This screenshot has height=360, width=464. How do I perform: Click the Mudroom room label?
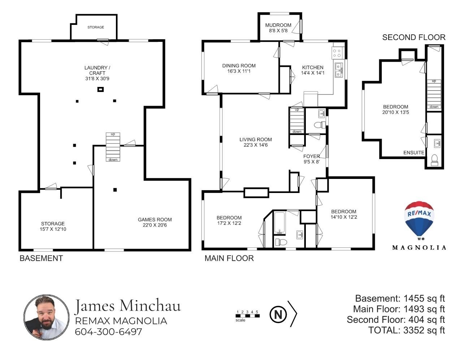(x=278, y=25)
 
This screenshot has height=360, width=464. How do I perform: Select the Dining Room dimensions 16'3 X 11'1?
(x=239, y=71)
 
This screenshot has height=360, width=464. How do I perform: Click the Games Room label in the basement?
(x=155, y=219)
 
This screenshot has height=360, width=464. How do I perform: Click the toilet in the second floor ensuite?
(x=434, y=160)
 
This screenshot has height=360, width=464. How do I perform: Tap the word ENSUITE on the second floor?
(x=413, y=153)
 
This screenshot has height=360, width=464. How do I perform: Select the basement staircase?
(x=113, y=147)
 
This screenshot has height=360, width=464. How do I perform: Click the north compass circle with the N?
(x=278, y=315)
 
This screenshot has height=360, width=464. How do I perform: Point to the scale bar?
(x=247, y=316)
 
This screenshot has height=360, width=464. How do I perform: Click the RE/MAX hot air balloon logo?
(x=419, y=221)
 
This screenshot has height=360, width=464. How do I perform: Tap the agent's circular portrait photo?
(x=46, y=317)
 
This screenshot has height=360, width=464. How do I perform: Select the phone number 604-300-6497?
(x=108, y=332)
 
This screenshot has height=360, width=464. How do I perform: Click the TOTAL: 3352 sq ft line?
(x=407, y=330)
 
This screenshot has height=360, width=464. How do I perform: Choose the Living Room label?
(x=256, y=140)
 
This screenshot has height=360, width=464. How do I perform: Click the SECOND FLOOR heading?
(x=413, y=37)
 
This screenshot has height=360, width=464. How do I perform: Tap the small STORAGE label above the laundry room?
(x=96, y=27)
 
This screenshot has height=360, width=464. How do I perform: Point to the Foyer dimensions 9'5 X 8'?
(x=312, y=162)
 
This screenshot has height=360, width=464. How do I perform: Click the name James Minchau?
(x=128, y=306)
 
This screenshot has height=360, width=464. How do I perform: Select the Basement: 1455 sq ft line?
(x=400, y=298)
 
